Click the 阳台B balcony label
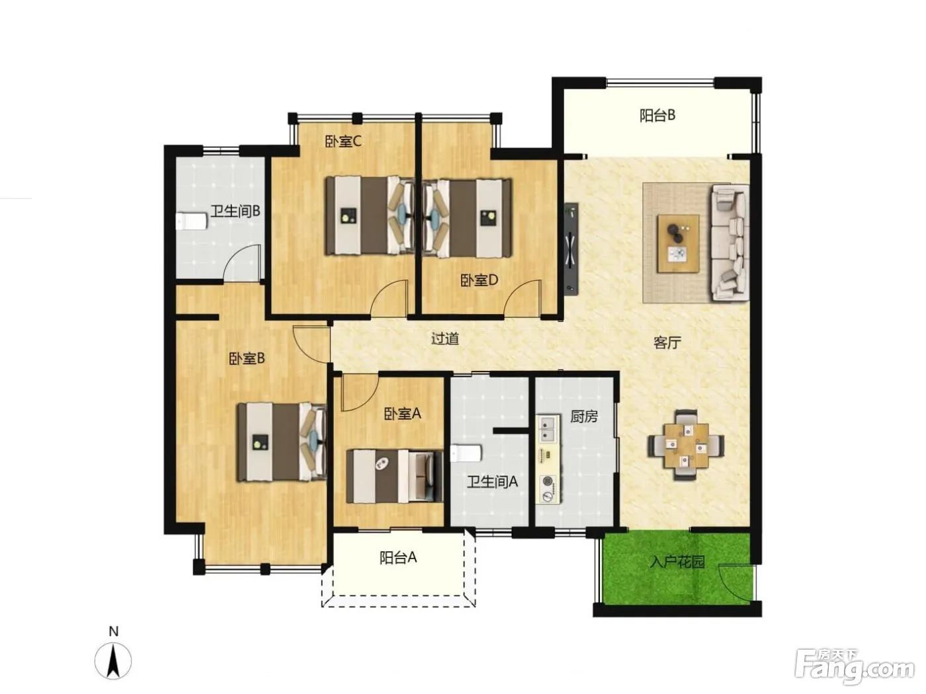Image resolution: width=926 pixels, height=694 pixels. tap(657, 115)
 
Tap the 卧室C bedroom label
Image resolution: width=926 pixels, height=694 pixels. tap(343, 141)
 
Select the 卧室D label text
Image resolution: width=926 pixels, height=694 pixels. tap(479, 280)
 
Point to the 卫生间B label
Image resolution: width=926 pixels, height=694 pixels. tap(235, 211)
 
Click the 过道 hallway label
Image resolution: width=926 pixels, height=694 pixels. tap(444, 338)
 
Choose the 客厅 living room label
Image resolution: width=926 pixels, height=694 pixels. tap(667, 342)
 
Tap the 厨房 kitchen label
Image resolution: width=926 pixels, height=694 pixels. tap(584, 416)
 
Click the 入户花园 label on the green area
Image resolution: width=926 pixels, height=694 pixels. tap(677, 562)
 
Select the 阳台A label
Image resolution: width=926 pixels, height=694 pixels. tap(398, 557)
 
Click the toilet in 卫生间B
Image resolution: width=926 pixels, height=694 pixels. tap(191, 221)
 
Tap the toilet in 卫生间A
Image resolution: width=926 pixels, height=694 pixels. tap(466, 453)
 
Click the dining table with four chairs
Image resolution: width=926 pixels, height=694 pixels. tap(686, 445)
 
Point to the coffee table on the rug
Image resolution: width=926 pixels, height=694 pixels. tap(678, 243)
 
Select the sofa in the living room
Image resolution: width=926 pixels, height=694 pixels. tap(730, 243)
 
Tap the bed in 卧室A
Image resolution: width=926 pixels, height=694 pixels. tap(394, 476)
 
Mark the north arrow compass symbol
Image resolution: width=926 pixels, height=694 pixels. tap(112, 661)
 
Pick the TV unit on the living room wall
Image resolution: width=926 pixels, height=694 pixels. tap(571, 249)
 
